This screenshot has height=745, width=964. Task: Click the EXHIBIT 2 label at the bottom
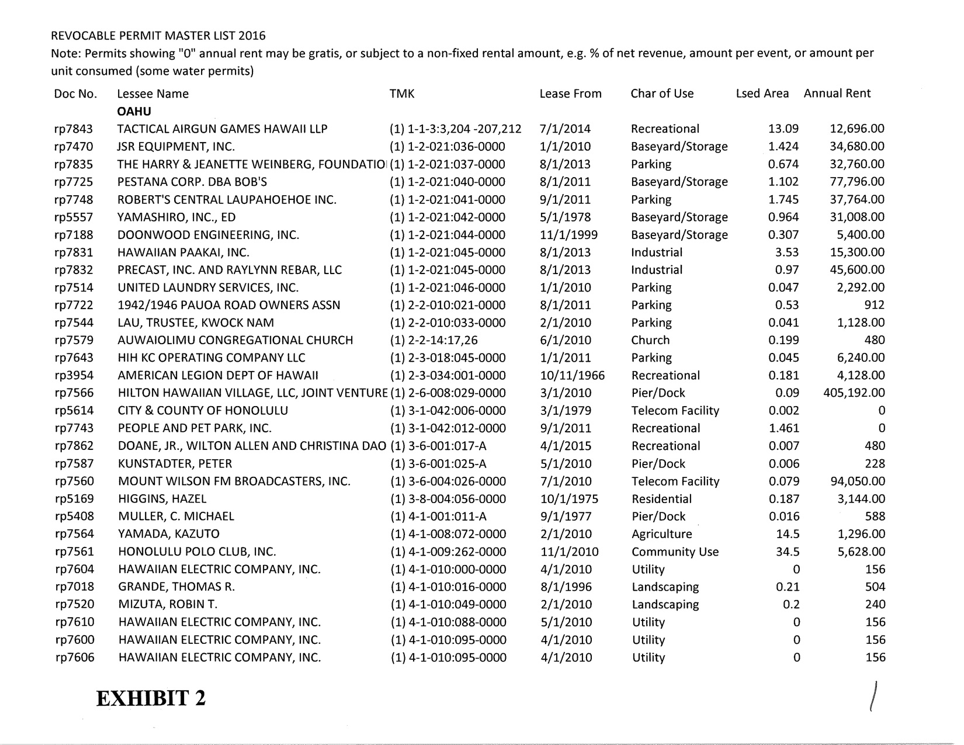(x=151, y=698)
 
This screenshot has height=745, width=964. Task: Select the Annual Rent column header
(x=837, y=93)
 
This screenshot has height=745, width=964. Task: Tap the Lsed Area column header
(x=762, y=93)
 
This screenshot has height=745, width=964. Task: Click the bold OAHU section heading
(x=134, y=111)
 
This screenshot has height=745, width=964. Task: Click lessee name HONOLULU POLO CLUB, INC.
(x=197, y=552)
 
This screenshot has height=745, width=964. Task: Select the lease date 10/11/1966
(x=572, y=376)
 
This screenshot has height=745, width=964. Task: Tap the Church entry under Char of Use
(x=650, y=340)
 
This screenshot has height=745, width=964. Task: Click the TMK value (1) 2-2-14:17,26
(x=434, y=340)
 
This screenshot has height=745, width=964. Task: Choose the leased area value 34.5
(x=787, y=552)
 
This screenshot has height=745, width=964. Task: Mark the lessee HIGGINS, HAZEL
(x=162, y=499)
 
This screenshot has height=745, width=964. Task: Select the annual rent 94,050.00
(x=857, y=481)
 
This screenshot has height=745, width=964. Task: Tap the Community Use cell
(x=675, y=552)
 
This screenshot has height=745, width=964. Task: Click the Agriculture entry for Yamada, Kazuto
(x=661, y=534)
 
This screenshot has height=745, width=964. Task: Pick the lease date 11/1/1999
(x=568, y=235)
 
